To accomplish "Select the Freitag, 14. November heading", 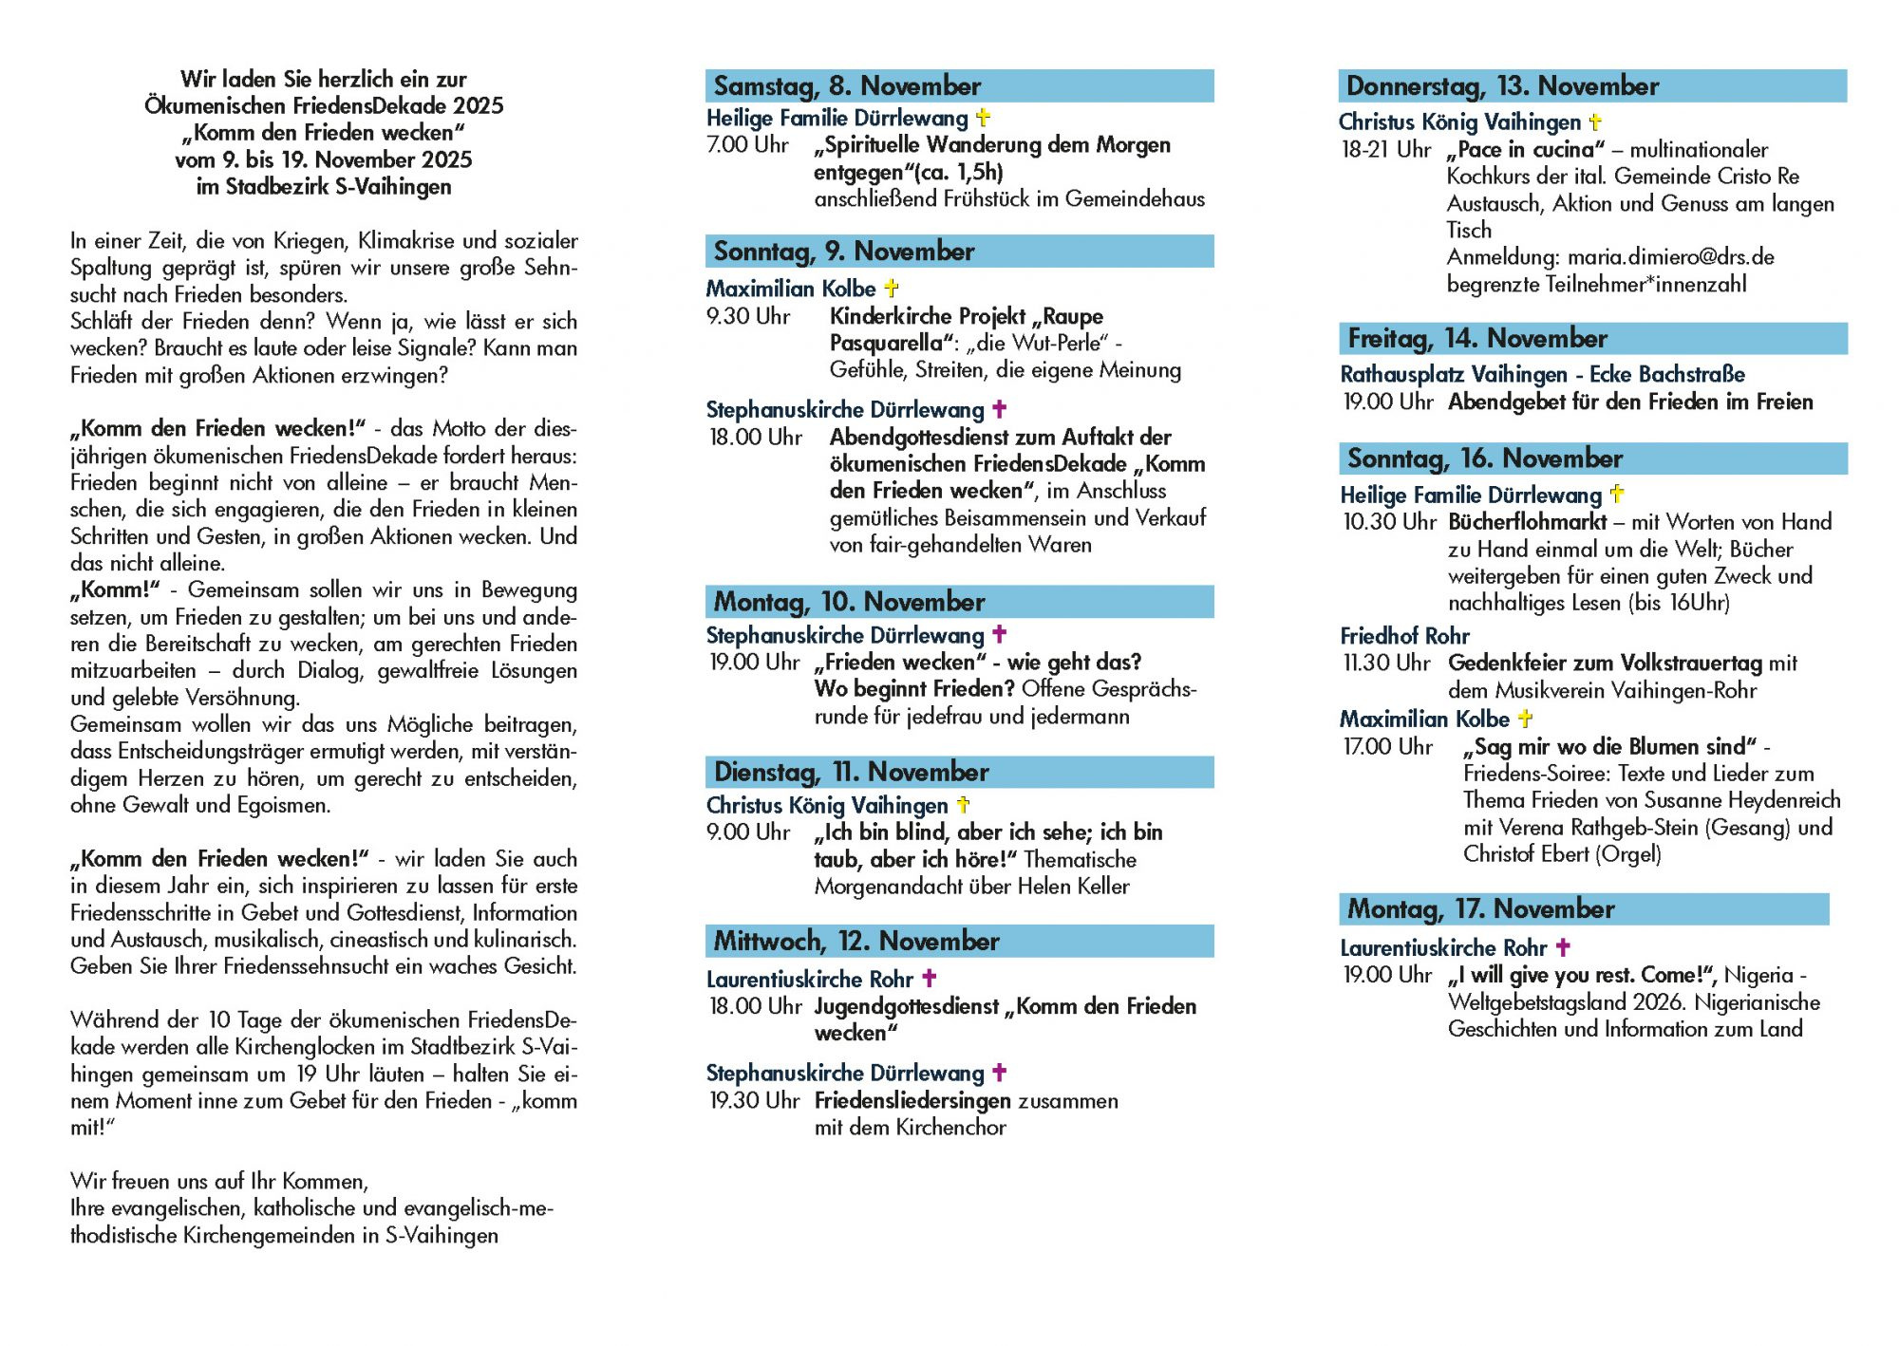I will [1477, 339].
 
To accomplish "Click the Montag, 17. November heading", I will [1480, 909].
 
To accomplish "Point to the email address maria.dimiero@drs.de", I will [1670, 257].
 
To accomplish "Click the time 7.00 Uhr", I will [747, 145].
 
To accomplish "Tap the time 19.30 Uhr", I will [755, 1100].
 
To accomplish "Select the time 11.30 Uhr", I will [1386, 663].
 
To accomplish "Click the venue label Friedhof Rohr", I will [1404, 636].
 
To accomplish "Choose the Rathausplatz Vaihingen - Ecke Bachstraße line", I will [1542, 375].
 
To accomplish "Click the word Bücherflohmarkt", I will [1527, 522].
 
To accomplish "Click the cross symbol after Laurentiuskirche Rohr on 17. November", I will [1563, 947].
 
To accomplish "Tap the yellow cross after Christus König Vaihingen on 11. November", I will [963, 805].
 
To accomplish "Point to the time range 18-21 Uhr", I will [1385, 150].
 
